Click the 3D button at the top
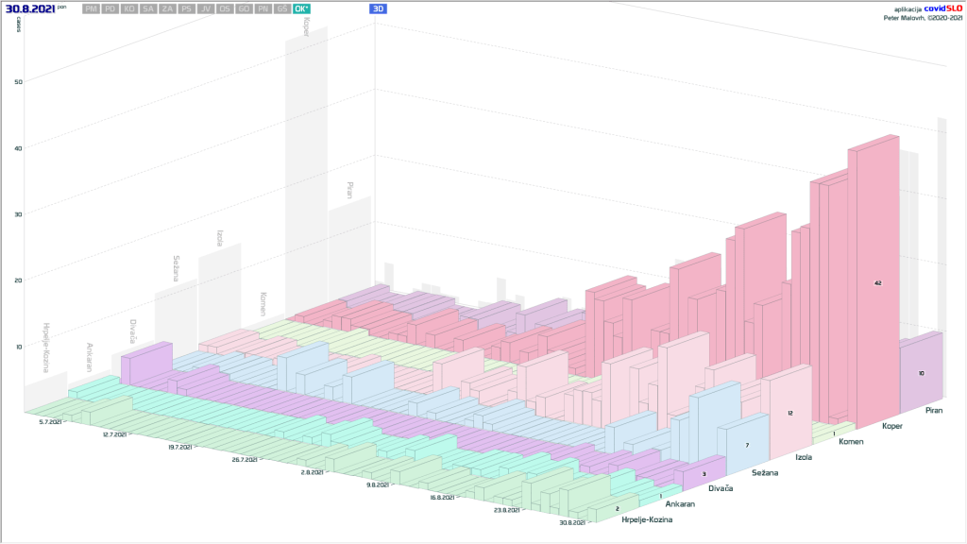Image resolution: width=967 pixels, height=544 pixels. [378, 8]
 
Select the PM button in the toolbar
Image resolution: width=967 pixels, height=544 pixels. [91, 8]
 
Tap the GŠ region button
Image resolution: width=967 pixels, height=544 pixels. [281, 8]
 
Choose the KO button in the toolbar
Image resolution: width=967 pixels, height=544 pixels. [129, 8]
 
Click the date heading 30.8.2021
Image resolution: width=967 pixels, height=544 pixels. [29, 8]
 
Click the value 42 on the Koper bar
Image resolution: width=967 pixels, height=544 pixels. [878, 282]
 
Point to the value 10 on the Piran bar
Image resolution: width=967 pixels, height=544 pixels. [921, 373]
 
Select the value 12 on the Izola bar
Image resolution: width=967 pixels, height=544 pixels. [790, 413]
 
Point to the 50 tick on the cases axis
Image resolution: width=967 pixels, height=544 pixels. [18, 81]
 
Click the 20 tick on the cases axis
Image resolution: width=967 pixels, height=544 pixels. [18, 280]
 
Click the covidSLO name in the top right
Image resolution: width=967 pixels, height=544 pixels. [941, 8]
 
